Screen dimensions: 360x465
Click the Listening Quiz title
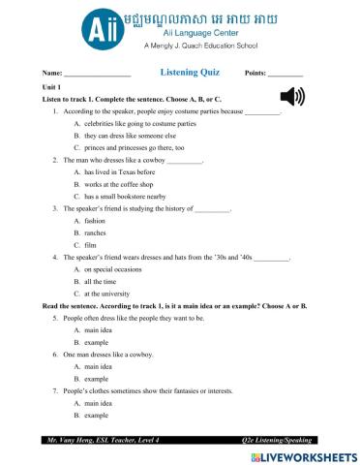pyautogui.click(x=189, y=73)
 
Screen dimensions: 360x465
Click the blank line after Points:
pyautogui.click(x=285, y=75)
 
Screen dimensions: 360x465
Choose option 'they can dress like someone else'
pyautogui.click(x=123, y=137)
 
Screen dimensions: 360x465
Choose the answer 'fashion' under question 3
pyautogui.click(x=95, y=221)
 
